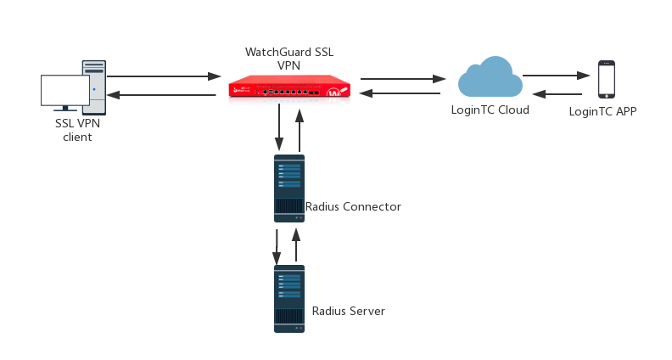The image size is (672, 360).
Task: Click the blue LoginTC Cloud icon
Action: coord(490,77)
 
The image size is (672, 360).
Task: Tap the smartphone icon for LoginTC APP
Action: coord(606,80)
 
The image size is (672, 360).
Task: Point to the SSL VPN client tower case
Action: coord(94,86)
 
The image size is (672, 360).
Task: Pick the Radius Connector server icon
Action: coord(288,188)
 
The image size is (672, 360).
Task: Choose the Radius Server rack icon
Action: coord(288,298)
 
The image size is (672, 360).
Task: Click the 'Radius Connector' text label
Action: coord(353,206)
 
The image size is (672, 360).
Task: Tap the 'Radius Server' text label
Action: coord(349,312)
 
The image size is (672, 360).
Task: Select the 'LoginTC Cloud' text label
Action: coord(490,110)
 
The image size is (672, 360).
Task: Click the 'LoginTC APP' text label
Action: coord(602,111)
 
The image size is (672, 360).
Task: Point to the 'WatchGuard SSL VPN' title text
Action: coord(288,58)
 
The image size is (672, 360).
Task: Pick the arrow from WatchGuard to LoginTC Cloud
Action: coord(400,79)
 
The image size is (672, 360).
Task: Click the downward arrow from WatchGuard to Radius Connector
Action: coord(280,127)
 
